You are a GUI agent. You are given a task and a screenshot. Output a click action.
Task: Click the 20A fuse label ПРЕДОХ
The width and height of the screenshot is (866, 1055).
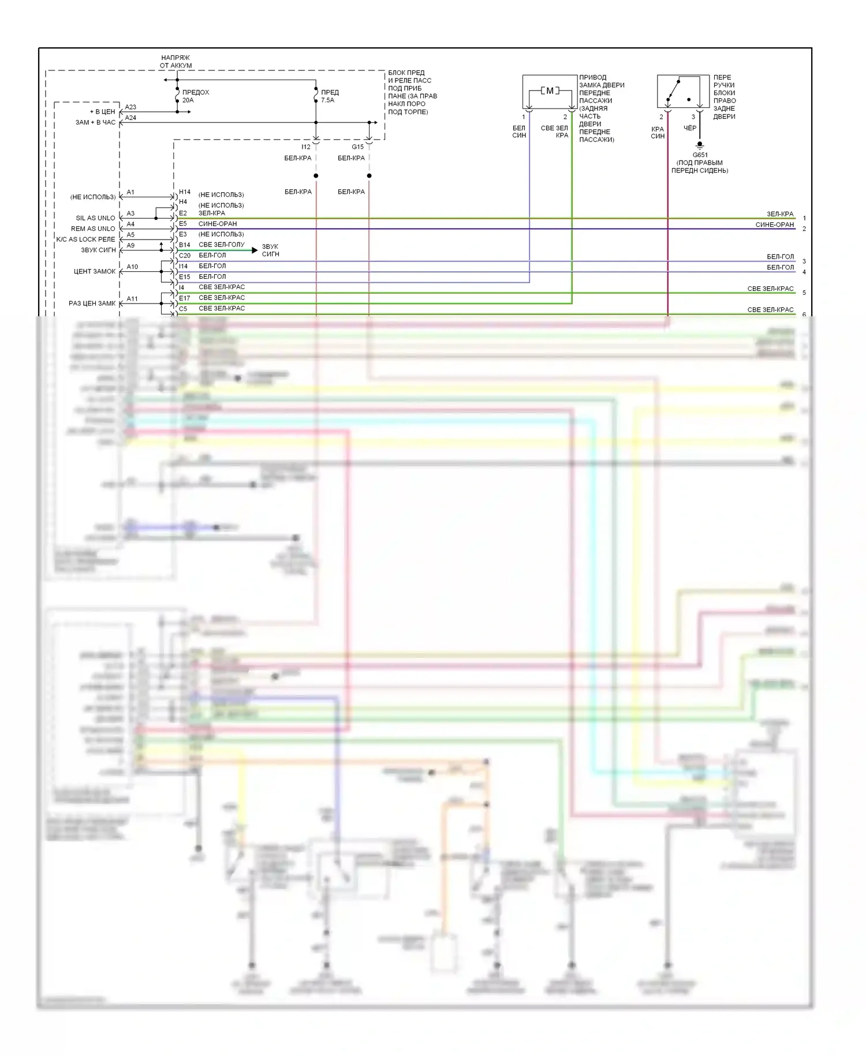pyautogui.click(x=195, y=92)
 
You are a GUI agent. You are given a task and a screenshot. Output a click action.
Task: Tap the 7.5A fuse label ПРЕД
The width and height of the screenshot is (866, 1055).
pyautogui.click(x=330, y=92)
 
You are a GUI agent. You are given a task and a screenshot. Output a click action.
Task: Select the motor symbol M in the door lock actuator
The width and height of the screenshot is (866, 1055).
pyautogui.click(x=550, y=91)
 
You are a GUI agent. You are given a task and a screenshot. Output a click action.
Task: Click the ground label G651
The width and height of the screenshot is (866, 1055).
pyautogui.click(x=700, y=155)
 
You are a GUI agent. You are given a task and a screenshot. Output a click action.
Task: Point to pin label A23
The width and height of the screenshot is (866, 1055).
pyautogui.click(x=130, y=107)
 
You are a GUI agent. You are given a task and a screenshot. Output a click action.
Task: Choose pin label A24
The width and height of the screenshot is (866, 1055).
pyautogui.click(x=130, y=118)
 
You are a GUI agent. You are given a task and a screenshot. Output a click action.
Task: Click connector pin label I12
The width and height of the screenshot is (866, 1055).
pyautogui.click(x=305, y=147)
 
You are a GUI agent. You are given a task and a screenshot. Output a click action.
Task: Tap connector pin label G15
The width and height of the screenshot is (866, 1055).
pyautogui.click(x=357, y=147)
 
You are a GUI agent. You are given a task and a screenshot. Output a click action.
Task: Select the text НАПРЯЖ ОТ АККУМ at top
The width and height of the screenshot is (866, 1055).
pyautogui.click(x=176, y=62)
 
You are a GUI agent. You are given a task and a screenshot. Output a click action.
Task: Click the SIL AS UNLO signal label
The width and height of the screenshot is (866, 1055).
pyautogui.click(x=95, y=218)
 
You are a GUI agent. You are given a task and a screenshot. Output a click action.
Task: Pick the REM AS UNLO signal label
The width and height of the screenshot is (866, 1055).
pyautogui.click(x=93, y=229)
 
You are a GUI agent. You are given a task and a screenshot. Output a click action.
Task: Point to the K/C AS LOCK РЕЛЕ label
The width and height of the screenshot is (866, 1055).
pyautogui.click(x=85, y=240)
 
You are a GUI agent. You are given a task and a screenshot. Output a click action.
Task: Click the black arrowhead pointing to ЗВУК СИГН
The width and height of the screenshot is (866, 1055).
pyautogui.click(x=255, y=250)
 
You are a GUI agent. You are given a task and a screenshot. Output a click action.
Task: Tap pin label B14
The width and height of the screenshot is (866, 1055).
pyautogui.click(x=184, y=245)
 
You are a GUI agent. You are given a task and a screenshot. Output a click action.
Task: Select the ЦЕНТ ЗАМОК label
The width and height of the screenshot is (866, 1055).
pyautogui.click(x=95, y=271)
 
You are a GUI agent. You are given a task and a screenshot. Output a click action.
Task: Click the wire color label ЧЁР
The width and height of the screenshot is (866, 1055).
pyautogui.click(x=690, y=128)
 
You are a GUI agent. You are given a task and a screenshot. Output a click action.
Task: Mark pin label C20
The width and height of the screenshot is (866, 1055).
pyautogui.click(x=184, y=256)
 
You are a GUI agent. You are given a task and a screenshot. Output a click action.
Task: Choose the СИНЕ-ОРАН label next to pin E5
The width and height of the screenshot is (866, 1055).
pyautogui.click(x=217, y=224)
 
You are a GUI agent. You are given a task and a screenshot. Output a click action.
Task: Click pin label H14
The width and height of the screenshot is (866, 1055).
pyautogui.click(x=184, y=192)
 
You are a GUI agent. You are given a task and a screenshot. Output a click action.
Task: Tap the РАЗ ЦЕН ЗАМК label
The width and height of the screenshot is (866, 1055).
pyautogui.click(x=92, y=304)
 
